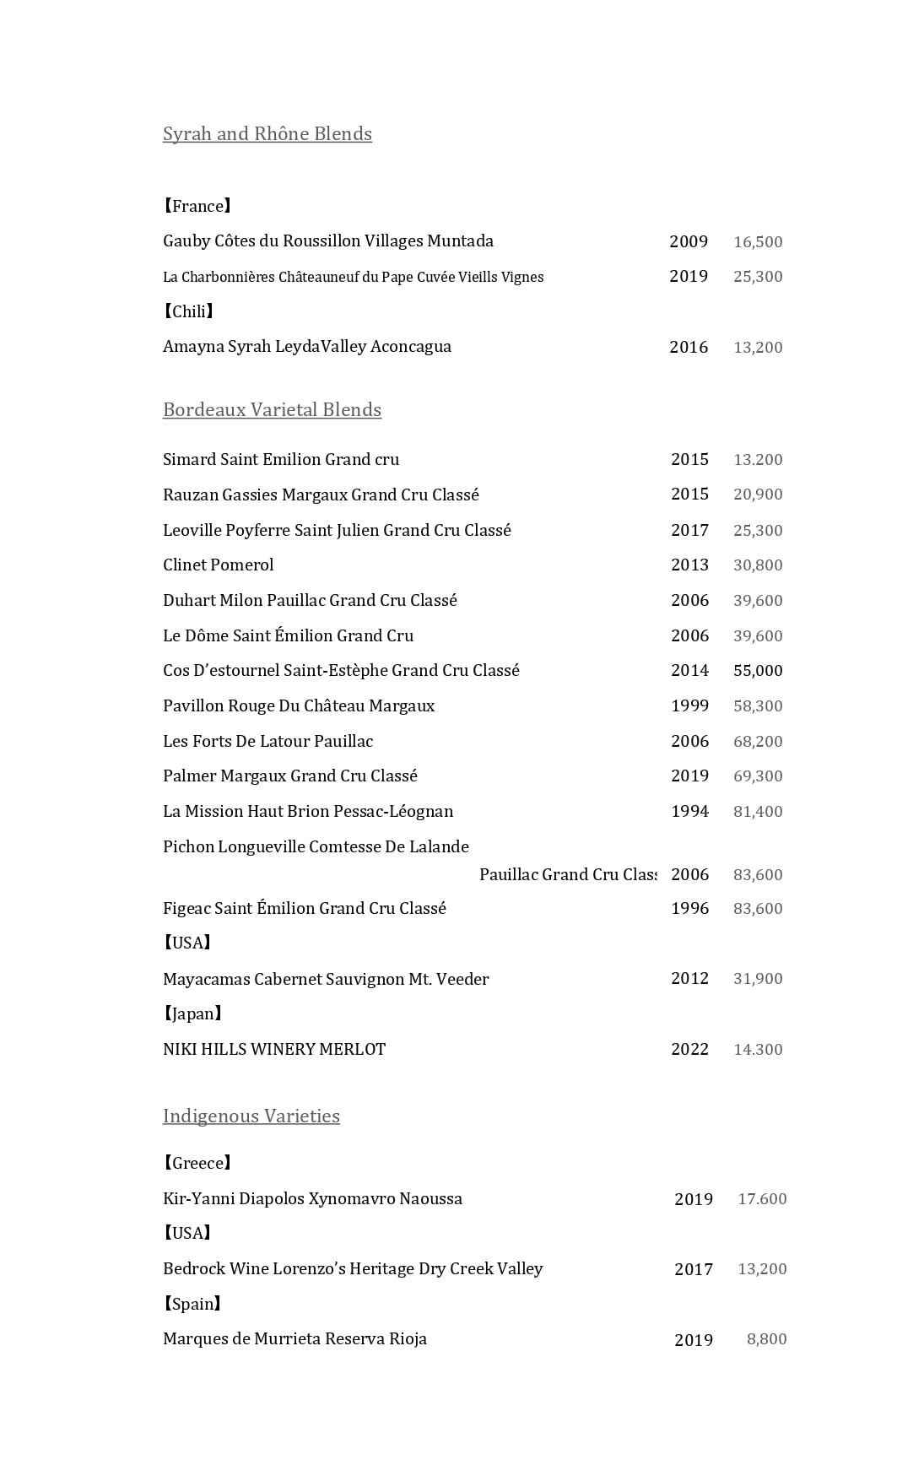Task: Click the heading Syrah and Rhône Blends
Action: coord(267,133)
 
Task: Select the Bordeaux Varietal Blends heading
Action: coord(272,409)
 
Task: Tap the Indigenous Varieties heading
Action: coord(251,1116)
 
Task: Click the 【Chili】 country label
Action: coord(188,311)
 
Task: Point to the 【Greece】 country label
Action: coord(197,1163)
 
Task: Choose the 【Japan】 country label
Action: coord(193,1013)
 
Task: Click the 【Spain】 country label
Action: coord(192,1304)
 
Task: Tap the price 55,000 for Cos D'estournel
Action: coord(758,671)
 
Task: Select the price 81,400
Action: coord(758,812)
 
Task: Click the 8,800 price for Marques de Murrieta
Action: coord(766,1339)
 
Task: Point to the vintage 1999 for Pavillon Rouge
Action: coord(689,705)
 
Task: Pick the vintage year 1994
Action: coord(689,812)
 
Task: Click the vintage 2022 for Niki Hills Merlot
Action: coord(689,1050)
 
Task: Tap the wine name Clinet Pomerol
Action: coord(218,565)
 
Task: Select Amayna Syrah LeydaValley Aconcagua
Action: coord(306,346)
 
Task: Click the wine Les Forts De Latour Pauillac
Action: coord(267,741)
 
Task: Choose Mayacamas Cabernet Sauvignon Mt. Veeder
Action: coord(326,979)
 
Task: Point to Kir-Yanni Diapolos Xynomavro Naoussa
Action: coord(312,1198)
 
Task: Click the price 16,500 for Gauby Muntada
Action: coord(758,242)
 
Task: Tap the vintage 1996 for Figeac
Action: coord(689,909)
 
